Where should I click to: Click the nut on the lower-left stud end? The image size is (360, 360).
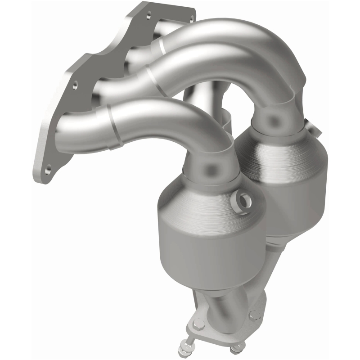(186, 349)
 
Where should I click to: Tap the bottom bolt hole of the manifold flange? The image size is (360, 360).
(48, 170)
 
